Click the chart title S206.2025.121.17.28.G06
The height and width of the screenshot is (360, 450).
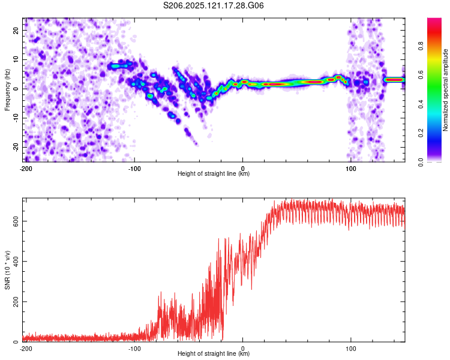(x=213, y=5)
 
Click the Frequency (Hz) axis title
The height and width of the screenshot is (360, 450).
(x=7, y=90)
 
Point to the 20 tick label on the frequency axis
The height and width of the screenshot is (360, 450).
(x=16, y=31)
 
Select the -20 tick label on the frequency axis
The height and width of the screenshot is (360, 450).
(x=16, y=148)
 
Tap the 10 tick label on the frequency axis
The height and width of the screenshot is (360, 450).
(x=16, y=60)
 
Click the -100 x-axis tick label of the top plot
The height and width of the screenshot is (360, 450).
(x=134, y=169)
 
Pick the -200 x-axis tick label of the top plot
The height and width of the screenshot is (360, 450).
(x=26, y=169)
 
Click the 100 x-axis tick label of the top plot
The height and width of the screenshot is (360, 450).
(x=351, y=169)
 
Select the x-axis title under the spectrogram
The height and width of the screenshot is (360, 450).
(x=214, y=173)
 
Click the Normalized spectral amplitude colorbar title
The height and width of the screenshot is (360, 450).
(x=445, y=90)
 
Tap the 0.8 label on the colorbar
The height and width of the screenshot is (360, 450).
(x=421, y=46)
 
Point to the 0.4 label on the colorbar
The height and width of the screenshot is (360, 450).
(x=421, y=104)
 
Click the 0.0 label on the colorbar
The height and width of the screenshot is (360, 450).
(x=421, y=162)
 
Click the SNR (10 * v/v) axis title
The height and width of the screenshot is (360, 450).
(x=7, y=270)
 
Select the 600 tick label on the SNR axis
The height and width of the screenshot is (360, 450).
(x=16, y=221)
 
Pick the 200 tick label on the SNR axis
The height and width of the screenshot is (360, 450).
(x=16, y=302)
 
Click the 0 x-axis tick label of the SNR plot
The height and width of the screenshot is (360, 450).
(x=243, y=349)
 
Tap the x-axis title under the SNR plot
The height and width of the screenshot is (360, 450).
(x=214, y=353)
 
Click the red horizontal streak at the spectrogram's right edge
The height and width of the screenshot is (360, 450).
(x=394, y=80)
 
